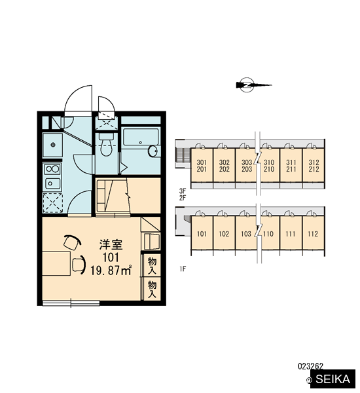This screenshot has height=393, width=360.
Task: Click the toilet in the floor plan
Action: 106,145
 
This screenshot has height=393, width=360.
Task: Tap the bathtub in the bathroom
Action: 141,137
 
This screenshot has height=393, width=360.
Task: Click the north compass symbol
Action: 253,85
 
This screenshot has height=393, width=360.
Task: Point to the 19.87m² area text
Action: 111,271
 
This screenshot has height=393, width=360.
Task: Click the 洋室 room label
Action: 111,244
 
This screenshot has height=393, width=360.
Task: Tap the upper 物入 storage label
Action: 152,266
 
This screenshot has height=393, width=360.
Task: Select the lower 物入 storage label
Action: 152,290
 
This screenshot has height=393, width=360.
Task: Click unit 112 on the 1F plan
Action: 313,233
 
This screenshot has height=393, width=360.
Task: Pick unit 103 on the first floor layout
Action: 246,233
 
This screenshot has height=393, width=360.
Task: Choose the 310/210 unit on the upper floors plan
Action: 269,166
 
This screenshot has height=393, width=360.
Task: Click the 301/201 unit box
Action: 202,166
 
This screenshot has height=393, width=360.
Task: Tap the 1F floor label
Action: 183,269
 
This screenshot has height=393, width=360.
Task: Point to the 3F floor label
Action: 183,191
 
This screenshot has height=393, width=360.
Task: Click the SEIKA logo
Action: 333,379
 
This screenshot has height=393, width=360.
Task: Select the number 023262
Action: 310,366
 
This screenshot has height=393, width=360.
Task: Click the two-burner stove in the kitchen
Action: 52,169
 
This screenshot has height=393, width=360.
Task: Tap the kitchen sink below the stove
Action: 52,183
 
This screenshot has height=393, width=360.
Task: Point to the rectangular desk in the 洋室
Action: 56,264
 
